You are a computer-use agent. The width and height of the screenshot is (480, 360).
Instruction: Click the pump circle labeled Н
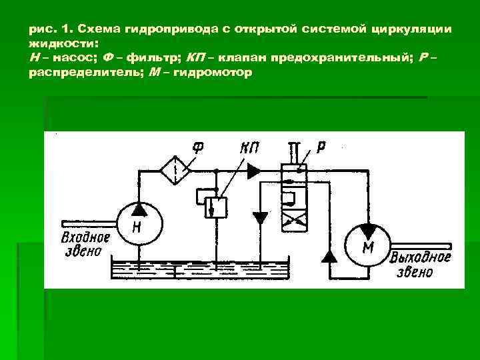(x=139, y=223)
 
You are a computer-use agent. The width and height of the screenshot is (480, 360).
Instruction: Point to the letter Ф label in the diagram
(x=197, y=145)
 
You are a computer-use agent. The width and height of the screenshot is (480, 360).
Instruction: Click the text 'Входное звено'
(x=83, y=245)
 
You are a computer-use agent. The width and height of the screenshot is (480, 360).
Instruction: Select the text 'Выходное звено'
(x=421, y=265)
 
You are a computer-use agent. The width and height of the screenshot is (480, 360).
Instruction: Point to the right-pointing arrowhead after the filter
(x=253, y=171)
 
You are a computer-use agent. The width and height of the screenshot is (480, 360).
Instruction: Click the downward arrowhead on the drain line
(x=260, y=218)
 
